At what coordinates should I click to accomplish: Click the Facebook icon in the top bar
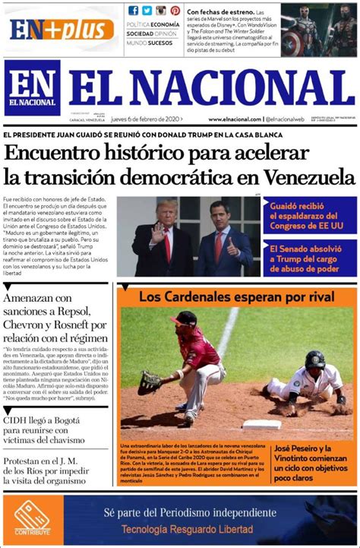click(134, 11)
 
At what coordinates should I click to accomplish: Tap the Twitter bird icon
click(147, 11)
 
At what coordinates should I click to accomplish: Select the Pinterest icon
click(175, 11)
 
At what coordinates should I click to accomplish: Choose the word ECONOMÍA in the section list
click(166, 25)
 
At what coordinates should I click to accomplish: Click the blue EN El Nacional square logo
click(31, 88)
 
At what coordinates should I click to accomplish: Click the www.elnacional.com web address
click(235, 119)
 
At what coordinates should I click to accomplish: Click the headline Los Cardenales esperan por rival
click(215, 295)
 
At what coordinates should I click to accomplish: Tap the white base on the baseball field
click(261, 424)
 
